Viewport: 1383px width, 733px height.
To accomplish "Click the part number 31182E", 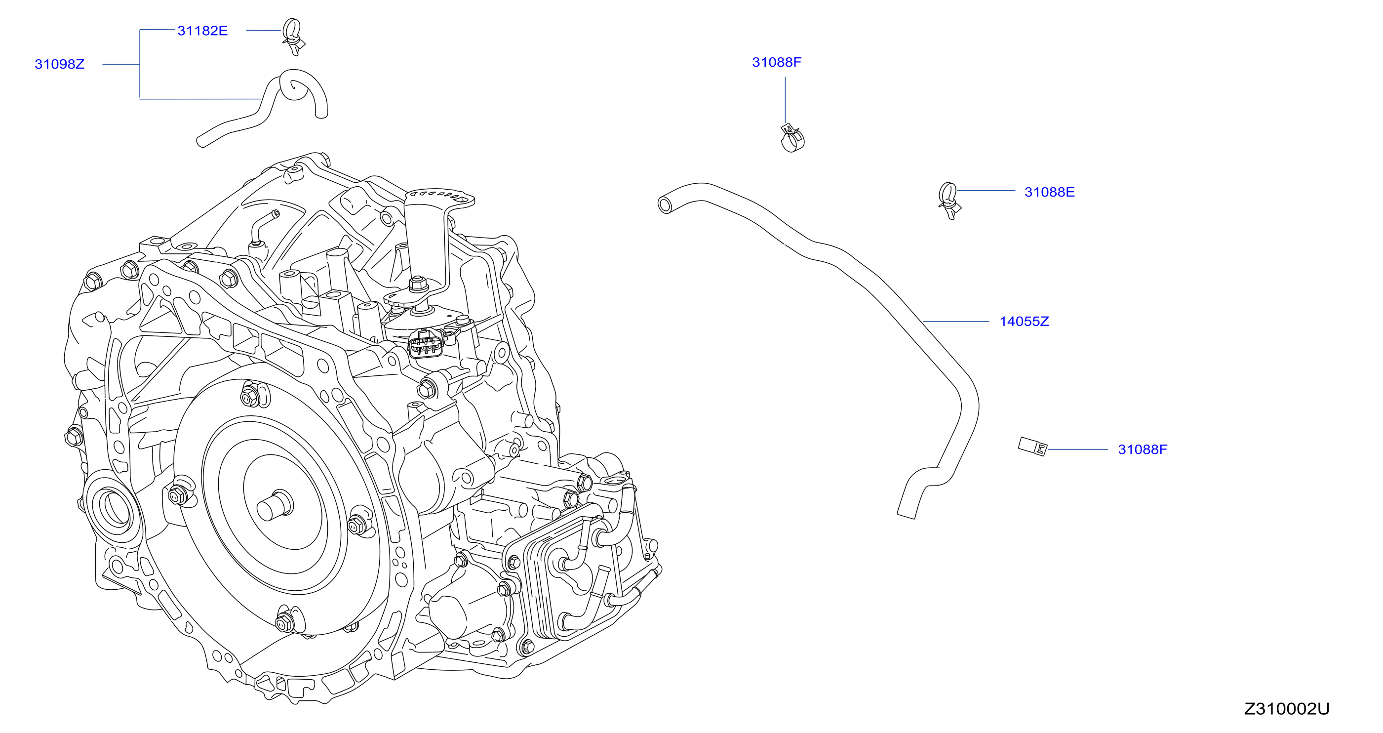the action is tap(202, 31).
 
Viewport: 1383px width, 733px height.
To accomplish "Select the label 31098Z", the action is tap(60, 64).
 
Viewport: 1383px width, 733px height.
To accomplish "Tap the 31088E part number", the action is tap(1049, 192).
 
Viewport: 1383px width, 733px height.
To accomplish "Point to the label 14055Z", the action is tap(1024, 322).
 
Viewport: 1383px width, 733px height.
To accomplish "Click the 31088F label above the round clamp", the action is tap(776, 62).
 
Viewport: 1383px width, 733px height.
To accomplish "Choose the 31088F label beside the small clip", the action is tap(1143, 449).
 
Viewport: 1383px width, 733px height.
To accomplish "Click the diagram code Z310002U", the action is tap(1287, 709).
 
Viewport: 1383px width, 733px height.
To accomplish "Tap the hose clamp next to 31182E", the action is tap(294, 37).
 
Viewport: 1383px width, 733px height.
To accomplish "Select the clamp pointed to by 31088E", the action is tap(949, 201).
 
